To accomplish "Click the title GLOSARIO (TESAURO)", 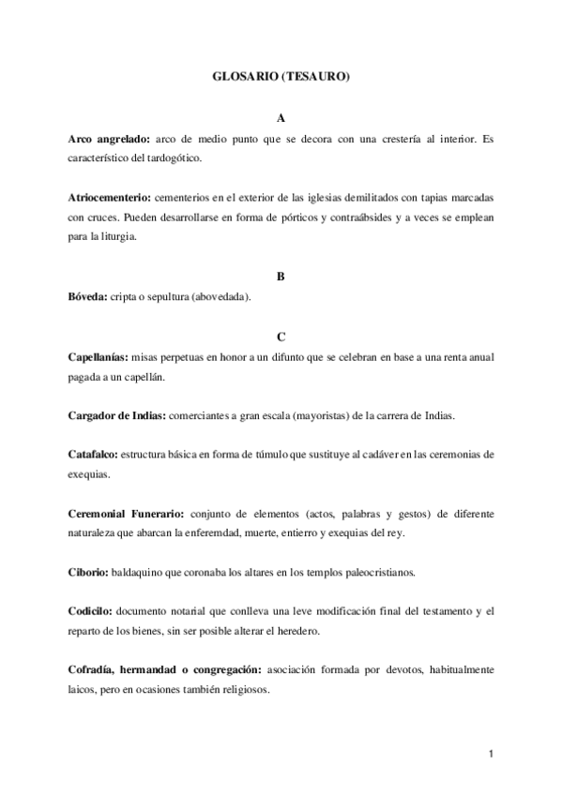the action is [281, 79].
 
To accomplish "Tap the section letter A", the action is [281, 119].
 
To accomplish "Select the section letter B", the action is [281, 277].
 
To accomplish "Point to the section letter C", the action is [281, 337].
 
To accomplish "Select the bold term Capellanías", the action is [99, 357].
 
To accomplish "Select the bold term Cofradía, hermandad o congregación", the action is [166, 671].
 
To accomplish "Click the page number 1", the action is [491, 753].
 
